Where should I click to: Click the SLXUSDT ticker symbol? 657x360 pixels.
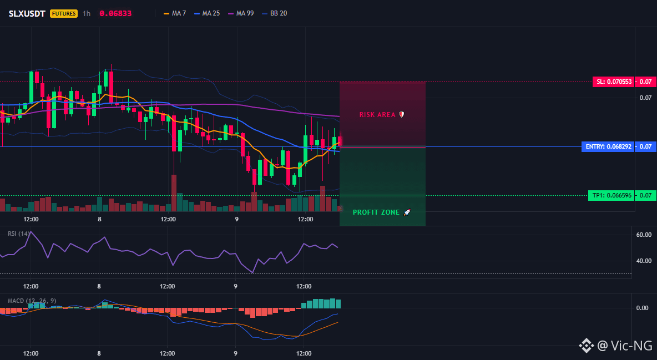27,13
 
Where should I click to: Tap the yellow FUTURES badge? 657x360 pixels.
64,13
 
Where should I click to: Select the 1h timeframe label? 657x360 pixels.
87,13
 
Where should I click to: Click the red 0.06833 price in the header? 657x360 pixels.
115,13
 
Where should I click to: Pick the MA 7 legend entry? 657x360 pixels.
175,13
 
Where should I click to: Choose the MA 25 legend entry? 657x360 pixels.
207,13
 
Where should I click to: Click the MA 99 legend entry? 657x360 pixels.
241,13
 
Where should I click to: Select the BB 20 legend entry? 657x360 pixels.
275,13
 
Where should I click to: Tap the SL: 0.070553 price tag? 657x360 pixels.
613,82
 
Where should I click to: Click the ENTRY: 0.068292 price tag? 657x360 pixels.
608,146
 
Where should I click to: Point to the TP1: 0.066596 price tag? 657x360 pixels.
611,195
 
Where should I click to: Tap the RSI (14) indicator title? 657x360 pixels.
19,234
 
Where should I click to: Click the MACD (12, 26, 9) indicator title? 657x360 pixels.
32,301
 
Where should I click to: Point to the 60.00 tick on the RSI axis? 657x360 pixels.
644,235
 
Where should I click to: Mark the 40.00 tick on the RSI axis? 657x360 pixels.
644,261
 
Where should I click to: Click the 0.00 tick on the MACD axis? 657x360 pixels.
643,308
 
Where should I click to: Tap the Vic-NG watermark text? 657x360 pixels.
625,346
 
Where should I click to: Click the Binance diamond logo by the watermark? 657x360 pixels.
587,346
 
